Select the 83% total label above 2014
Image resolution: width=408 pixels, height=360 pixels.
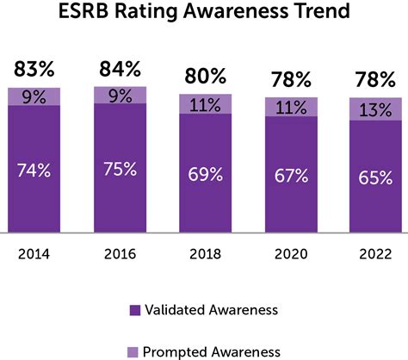pyautogui.click(x=35, y=69)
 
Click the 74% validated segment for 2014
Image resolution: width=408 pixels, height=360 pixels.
pyautogui.click(x=35, y=170)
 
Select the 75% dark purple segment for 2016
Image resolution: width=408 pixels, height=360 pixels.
pyautogui.click(x=120, y=169)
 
